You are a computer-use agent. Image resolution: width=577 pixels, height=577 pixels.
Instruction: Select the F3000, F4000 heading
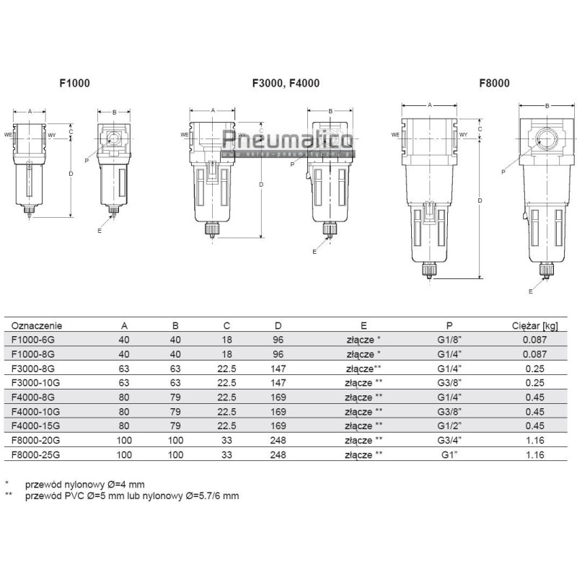(x=286, y=83)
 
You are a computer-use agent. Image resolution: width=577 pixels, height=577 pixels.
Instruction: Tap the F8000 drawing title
(x=494, y=83)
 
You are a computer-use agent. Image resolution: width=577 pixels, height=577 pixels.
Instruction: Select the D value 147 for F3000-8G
(x=268, y=369)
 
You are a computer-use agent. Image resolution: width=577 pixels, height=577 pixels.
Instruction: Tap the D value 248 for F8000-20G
(x=268, y=441)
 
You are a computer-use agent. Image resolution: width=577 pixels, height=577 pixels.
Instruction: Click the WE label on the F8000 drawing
(x=395, y=134)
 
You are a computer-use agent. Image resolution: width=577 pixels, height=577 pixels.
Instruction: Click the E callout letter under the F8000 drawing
(x=531, y=291)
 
